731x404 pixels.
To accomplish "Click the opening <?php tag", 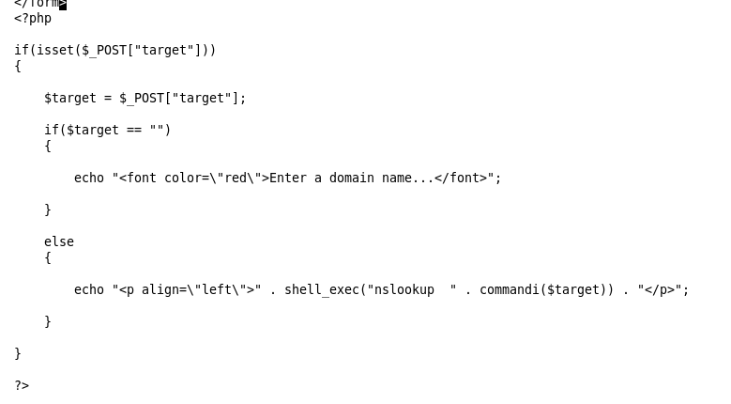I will click(x=33, y=19).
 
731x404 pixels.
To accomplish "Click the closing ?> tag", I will click(x=22, y=385).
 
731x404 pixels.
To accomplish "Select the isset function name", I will click(x=55, y=51).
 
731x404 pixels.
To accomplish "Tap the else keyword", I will click(x=59, y=241).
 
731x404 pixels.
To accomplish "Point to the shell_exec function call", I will click(x=322, y=289).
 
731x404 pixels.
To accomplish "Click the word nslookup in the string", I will click(x=404, y=289).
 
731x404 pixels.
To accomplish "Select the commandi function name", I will click(x=510, y=289).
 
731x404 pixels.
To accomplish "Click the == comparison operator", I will click(x=134, y=130).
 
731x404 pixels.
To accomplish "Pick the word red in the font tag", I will click(x=236, y=178).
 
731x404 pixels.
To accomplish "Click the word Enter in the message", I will click(x=288, y=178).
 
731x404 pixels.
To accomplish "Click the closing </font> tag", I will click(x=461, y=178).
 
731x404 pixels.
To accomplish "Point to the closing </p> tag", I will click(x=660, y=289).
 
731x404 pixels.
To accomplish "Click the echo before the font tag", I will click(x=89, y=178).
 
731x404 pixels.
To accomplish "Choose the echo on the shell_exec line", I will click(x=89, y=289).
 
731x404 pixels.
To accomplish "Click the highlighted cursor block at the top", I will click(x=63, y=5).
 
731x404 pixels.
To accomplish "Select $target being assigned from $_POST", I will click(x=70, y=98).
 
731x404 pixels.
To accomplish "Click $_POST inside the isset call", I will click(x=104, y=51).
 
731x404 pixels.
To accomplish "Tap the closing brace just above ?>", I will click(x=18, y=353).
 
